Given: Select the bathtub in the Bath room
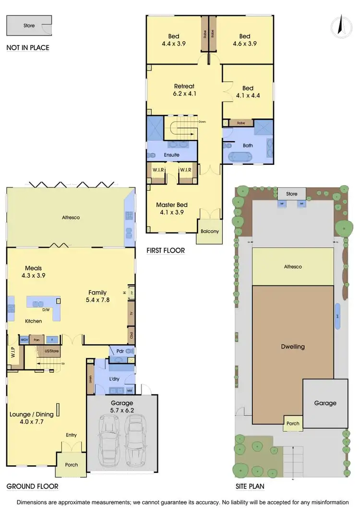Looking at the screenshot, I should click(240, 157).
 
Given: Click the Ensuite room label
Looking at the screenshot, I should click(171, 155).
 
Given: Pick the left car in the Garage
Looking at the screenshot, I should click(109, 439).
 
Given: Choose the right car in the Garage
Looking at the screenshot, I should click(136, 439).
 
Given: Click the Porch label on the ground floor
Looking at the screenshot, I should click(68, 465).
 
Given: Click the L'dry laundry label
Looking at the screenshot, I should click(114, 379).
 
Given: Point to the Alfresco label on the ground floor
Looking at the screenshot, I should click(71, 218).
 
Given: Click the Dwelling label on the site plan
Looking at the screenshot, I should click(293, 347).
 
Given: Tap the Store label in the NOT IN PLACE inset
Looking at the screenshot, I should click(29, 25).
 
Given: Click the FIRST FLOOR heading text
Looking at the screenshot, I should click(165, 251).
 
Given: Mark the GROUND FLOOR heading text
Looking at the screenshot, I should click(32, 486).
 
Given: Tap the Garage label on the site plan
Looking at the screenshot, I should click(325, 403).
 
